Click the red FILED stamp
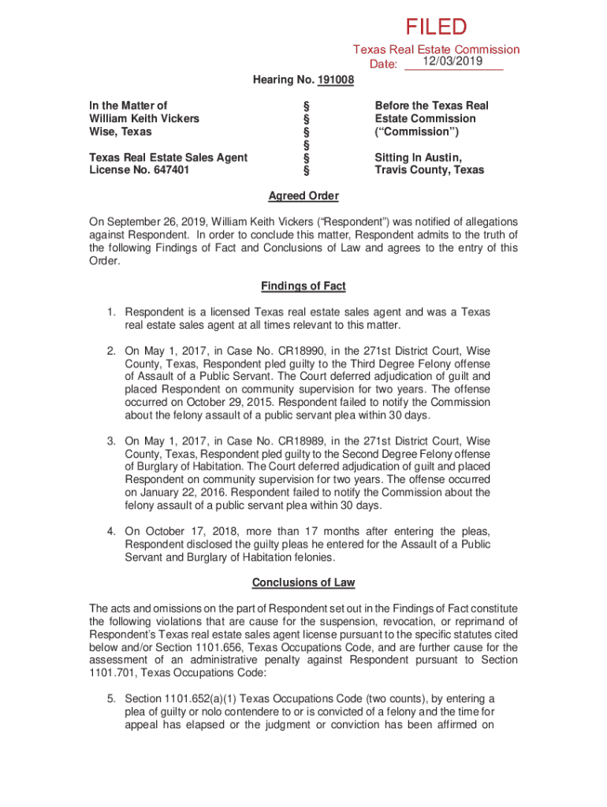click(436, 28)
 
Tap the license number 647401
click(167, 170)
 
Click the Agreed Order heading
click(303, 196)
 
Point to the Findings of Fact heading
click(303, 286)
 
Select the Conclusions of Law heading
click(303, 582)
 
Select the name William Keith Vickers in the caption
click(144, 118)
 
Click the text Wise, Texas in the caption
click(118, 132)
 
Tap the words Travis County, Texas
click(429, 170)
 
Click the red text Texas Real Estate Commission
click(436, 50)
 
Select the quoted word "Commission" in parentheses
click(417, 132)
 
